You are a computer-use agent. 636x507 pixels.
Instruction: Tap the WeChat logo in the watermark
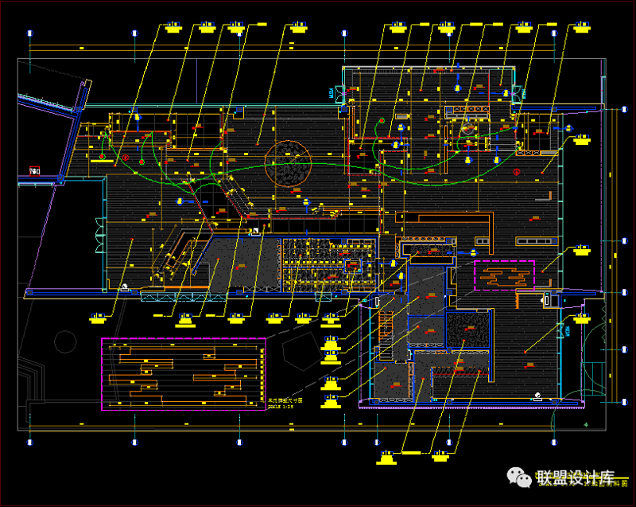click(522, 477)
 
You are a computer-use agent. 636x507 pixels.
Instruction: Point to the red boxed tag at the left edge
click(34, 170)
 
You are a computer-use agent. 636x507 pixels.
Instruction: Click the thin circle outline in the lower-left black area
click(64, 343)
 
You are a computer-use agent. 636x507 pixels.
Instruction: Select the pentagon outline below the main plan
click(298, 351)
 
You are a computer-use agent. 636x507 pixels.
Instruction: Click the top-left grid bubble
click(30, 33)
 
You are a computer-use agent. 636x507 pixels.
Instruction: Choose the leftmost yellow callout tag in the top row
click(173, 26)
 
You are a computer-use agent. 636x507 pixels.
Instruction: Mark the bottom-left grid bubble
click(30, 441)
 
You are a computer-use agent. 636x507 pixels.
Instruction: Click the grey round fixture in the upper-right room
click(469, 127)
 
